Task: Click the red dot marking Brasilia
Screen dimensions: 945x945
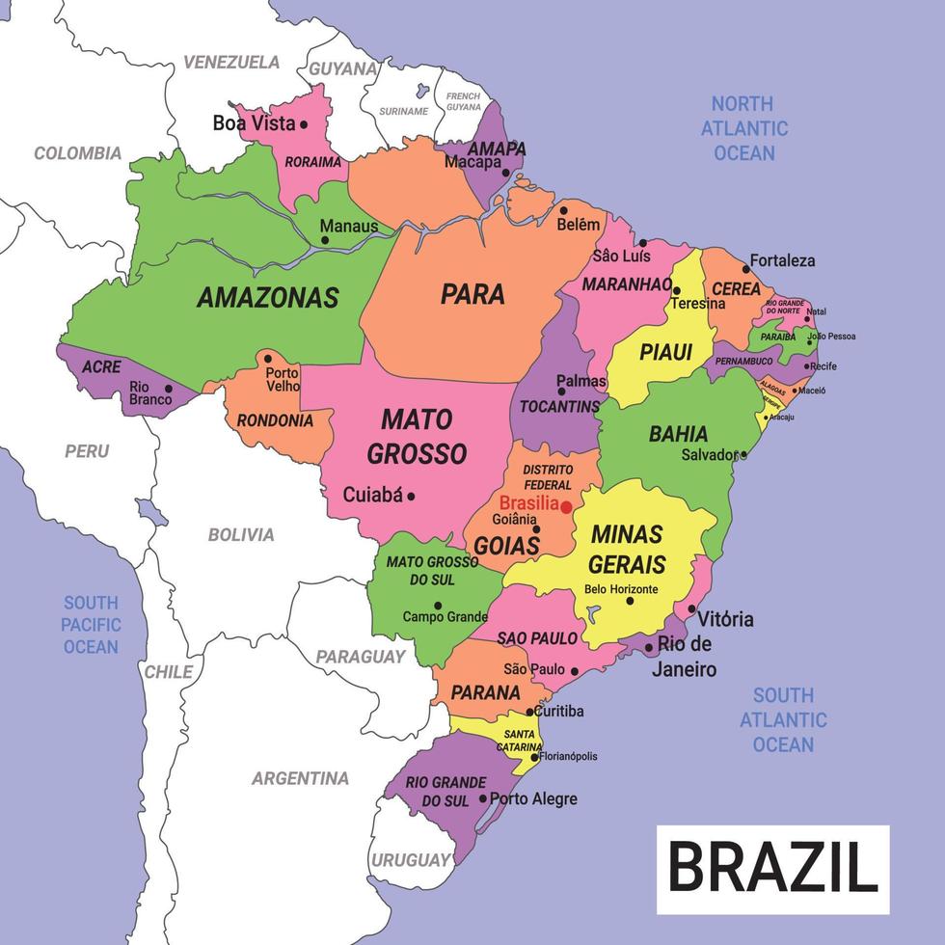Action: [x=566, y=506]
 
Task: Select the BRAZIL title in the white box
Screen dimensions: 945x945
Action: [x=772, y=868]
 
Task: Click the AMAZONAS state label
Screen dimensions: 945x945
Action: [x=267, y=298]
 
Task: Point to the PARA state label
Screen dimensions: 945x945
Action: [x=472, y=294]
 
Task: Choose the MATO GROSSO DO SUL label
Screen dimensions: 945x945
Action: [x=432, y=570]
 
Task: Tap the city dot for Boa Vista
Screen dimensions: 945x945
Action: [x=303, y=123]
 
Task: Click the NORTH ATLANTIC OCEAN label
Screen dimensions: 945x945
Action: [x=743, y=128]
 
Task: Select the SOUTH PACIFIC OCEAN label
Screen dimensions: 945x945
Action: [x=91, y=625]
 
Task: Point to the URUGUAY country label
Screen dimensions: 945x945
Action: [x=412, y=859]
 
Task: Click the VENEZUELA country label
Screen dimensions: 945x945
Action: [x=231, y=62]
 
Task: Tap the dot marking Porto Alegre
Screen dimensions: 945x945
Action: [x=483, y=798]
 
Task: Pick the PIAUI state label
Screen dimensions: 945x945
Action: [x=666, y=353]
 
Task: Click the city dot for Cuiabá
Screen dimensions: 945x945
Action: [x=411, y=496]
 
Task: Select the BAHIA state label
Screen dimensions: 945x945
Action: [x=678, y=434]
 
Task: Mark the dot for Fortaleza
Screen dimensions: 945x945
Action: [x=745, y=268]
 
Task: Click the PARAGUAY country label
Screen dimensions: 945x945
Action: [x=361, y=657]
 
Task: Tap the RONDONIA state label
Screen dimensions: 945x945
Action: [x=275, y=420]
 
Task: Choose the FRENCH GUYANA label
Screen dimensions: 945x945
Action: [x=463, y=101]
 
